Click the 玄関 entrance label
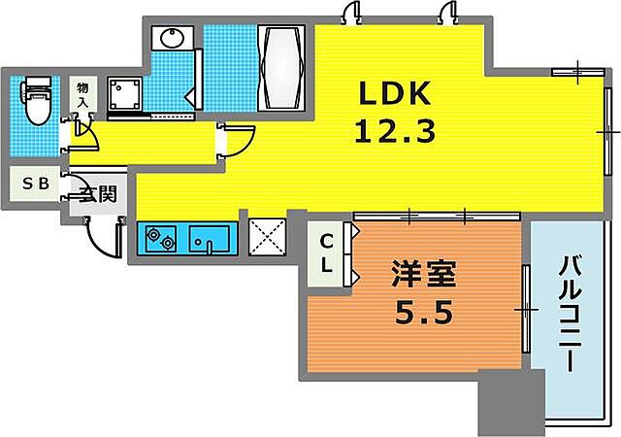tap(97, 193)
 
